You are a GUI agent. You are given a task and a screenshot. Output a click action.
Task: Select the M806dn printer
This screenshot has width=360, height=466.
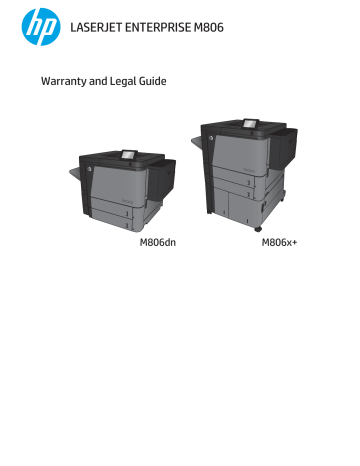120,190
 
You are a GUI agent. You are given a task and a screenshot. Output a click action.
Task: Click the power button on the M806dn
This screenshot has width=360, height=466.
89,169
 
